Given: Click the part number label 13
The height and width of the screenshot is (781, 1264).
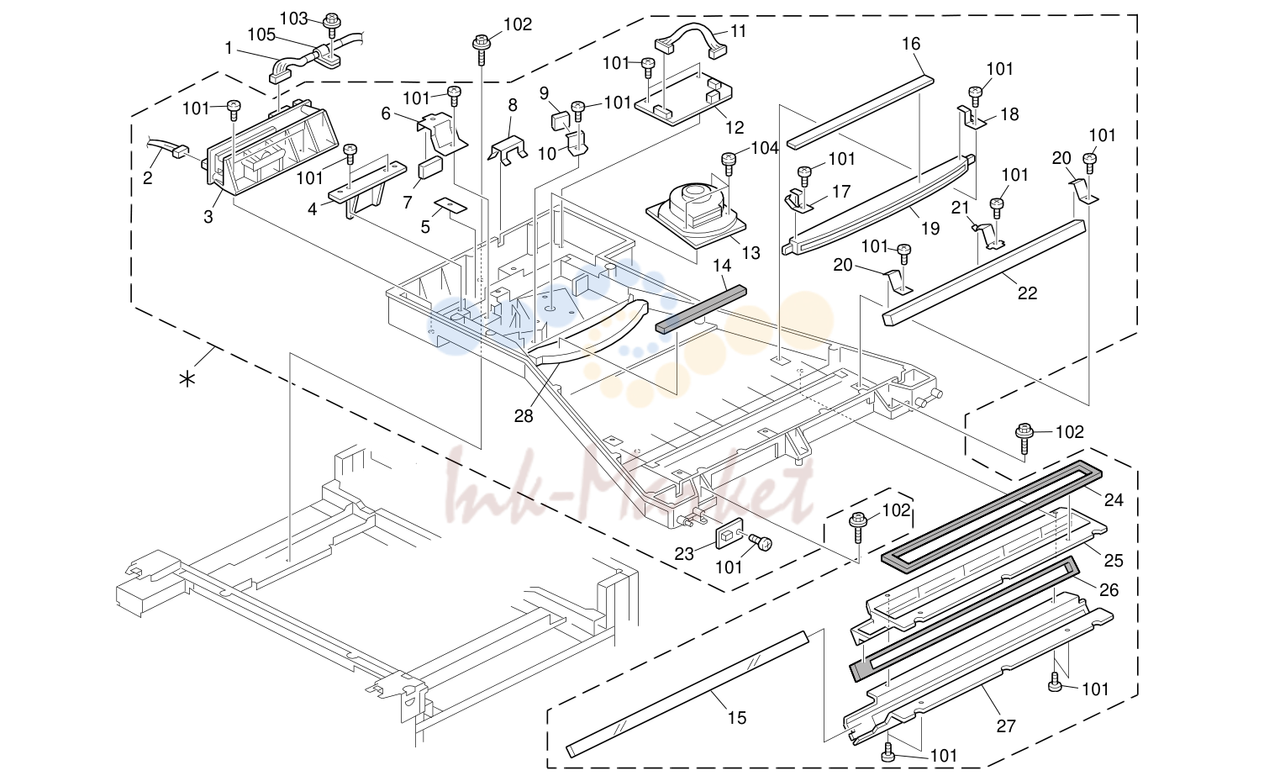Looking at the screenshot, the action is (x=751, y=252).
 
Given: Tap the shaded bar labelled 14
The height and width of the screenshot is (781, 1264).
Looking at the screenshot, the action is (x=701, y=309).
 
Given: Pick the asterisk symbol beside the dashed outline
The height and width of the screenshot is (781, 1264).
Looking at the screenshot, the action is (x=187, y=379).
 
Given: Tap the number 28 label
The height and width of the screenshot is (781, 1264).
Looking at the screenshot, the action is (x=523, y=416).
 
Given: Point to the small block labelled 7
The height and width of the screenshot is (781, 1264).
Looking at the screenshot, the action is (x=430, y=167).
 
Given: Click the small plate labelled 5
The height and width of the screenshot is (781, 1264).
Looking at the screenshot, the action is (x=450, y=205).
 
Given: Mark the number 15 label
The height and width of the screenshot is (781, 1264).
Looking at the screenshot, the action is (x=736, y=717).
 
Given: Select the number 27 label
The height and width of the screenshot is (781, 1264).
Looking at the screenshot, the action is (x=1005, y=726).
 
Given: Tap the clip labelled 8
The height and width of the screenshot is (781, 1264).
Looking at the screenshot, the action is (x=508, y=149).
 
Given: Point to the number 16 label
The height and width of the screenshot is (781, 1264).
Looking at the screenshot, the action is (x=911, y=44).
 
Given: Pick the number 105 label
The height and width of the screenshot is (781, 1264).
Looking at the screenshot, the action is (x=261, y=34).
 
